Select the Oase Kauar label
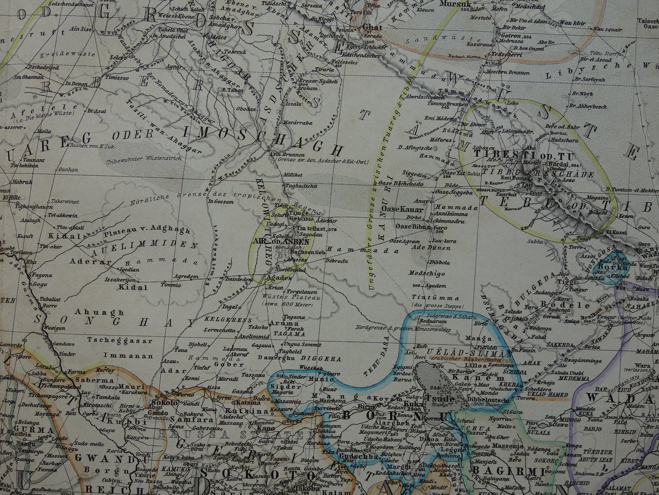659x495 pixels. pos(403,210)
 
